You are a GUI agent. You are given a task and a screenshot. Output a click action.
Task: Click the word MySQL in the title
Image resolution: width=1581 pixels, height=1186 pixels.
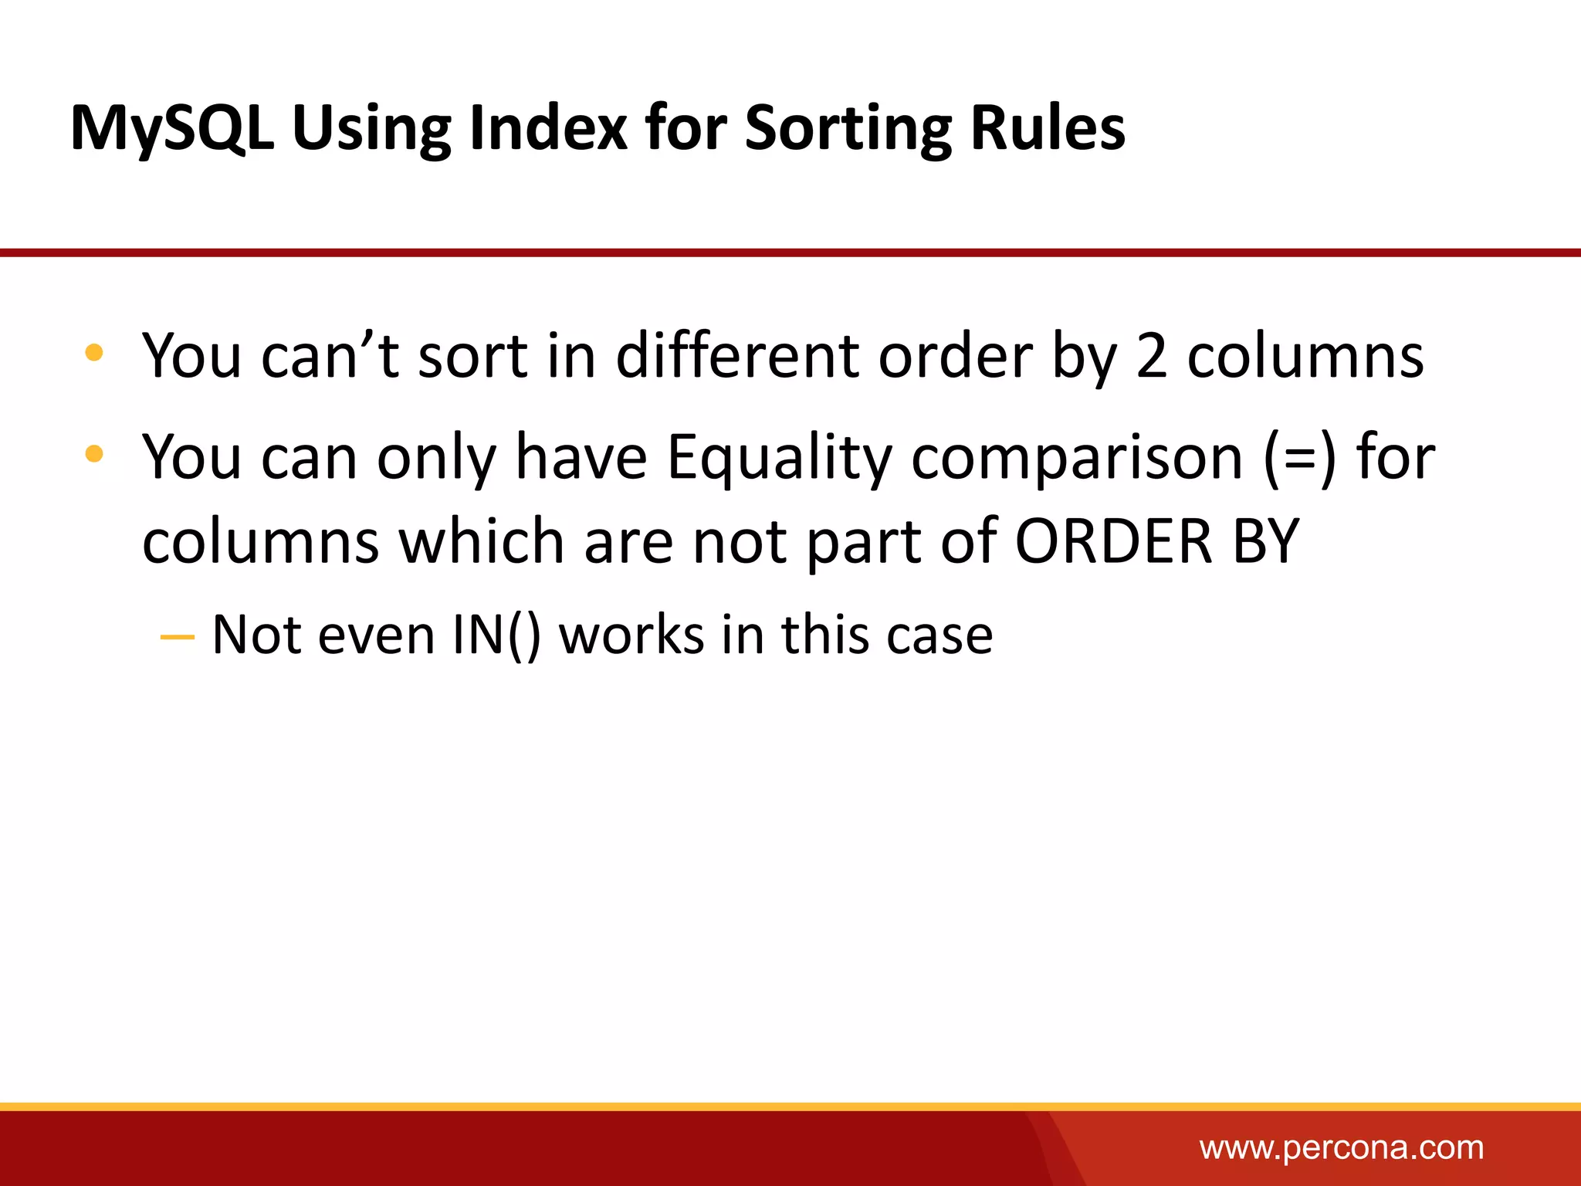(x=171, y=129)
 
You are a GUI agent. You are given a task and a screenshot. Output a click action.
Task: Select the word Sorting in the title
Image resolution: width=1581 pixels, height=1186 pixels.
(x=847, y=129)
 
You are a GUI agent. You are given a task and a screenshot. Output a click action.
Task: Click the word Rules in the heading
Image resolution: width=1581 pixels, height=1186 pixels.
(x=1048, y=127)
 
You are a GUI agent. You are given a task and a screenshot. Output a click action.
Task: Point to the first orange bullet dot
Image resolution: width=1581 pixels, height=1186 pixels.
(x=94, y=353)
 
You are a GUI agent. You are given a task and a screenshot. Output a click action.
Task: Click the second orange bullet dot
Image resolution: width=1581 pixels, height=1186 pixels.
(x=94, y=453)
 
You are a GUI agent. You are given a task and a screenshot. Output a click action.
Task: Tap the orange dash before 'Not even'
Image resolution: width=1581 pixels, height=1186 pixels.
(x=177, y=637)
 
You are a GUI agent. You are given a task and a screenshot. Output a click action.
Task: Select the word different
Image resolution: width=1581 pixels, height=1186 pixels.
(x=736, y=356)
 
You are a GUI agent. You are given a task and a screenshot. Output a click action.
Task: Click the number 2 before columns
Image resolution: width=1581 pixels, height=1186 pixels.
(x=1151, y=357)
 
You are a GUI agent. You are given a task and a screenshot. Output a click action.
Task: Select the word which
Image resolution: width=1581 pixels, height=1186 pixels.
(x=481, y=541)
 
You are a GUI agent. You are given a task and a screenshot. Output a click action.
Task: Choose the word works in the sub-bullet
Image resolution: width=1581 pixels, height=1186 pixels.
(x=631, y=635)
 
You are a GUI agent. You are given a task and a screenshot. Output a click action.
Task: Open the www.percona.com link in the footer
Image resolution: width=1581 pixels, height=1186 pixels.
(x=1341, y=1148)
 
